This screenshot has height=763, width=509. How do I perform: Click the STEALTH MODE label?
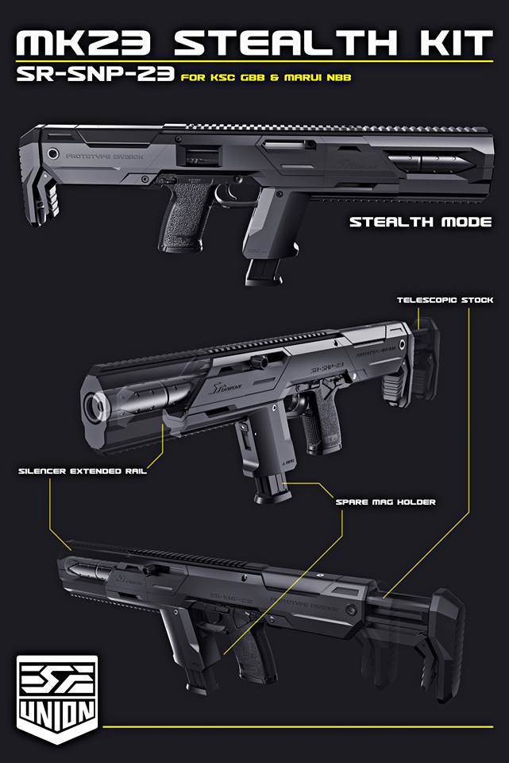420,222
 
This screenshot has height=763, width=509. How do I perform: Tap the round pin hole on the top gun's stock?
53,153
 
